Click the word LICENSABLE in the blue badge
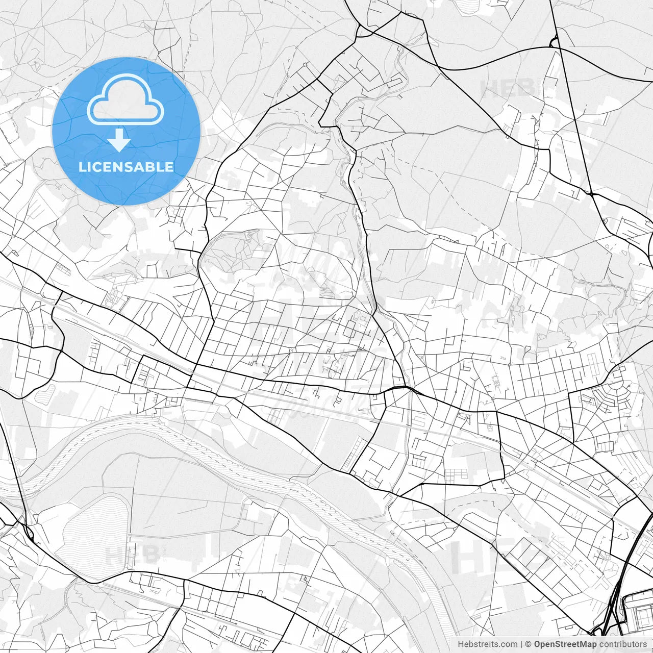pos(126,167)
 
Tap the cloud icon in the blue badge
pos(125,99)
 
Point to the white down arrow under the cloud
pos(119,140)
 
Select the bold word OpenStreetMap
pos(565,644)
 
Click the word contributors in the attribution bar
pos(622,644)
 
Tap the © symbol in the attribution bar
pos(529,644)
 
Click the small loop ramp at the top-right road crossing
pos(554,42)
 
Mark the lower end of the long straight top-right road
pos(590,193)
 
